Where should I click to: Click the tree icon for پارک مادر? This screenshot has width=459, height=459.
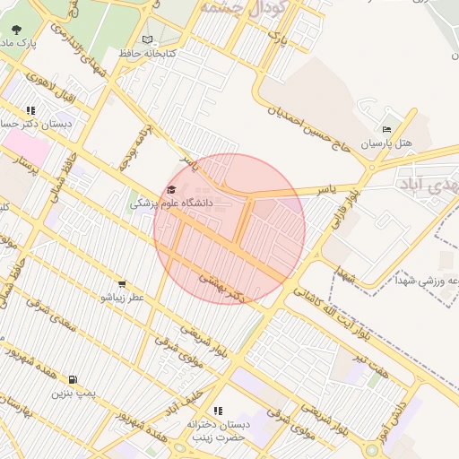pyautogui.click(x=17, y=29)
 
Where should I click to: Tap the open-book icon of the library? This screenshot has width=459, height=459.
pyautogui.click(x=147, y=39)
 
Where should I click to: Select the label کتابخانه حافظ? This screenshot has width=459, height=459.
pyautogui.click(x=148, y=54)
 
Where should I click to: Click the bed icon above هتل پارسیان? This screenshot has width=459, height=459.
pyautogui.click(x=386, y=129)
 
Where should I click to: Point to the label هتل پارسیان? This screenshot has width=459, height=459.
pyautogui.click(x=386, y=143)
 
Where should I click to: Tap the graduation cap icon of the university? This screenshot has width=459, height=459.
pyautogui.click(x=171, y=189)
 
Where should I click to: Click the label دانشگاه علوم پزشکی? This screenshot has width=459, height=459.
pyautogui.click(x=172, y=204)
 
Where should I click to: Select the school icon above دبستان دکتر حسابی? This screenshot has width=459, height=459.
pyautogui.click(x=30, y=111)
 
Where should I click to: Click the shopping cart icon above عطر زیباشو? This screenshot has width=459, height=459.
pyautogui.click(x=122, y=284)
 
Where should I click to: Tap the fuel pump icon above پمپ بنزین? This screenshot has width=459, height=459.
pyautogui.click(x=72, y=379)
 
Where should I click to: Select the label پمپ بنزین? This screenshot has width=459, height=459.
pyautogui.click(x=72, y=393)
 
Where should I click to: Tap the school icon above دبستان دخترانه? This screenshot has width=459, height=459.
pyautogui.click(x=218, y=411)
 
